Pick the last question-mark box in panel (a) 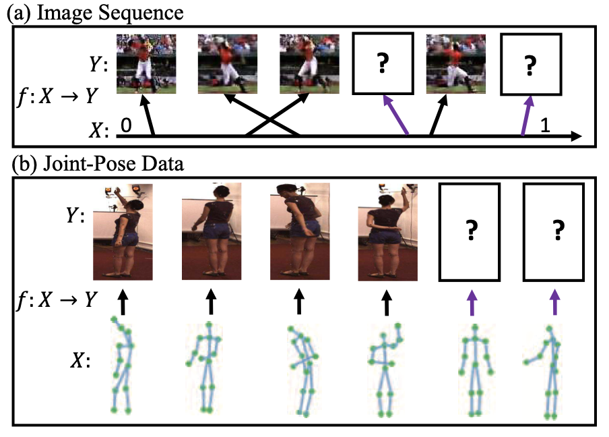tap(530, 65)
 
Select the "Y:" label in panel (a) tap(96, 65)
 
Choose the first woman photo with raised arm tap(123, 231)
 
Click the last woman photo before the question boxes tap(386, 231)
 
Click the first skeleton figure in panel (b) tap(122, 368)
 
